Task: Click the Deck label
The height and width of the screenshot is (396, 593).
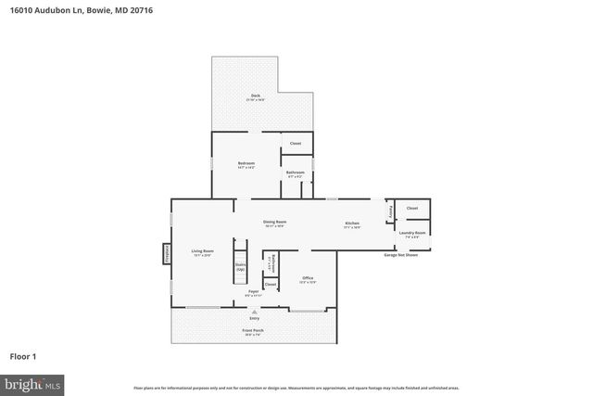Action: pos(256,96)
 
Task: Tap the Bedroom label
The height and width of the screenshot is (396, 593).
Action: pos(246,164)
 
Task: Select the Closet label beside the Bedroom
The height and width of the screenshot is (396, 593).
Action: pos(296,144)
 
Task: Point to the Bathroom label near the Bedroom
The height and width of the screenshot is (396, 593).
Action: pos(296,173)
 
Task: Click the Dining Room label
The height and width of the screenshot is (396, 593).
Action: pos(274,223)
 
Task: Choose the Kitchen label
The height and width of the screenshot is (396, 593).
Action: pos(352,224)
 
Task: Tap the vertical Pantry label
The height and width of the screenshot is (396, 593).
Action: pos(390,211)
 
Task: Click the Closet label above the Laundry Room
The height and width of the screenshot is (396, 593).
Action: pos(412,209)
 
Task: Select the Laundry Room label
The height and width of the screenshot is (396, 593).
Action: pos(412,234)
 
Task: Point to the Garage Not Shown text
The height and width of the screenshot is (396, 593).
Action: pos(400,254)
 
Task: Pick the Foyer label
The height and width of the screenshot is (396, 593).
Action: pos(253,292)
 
